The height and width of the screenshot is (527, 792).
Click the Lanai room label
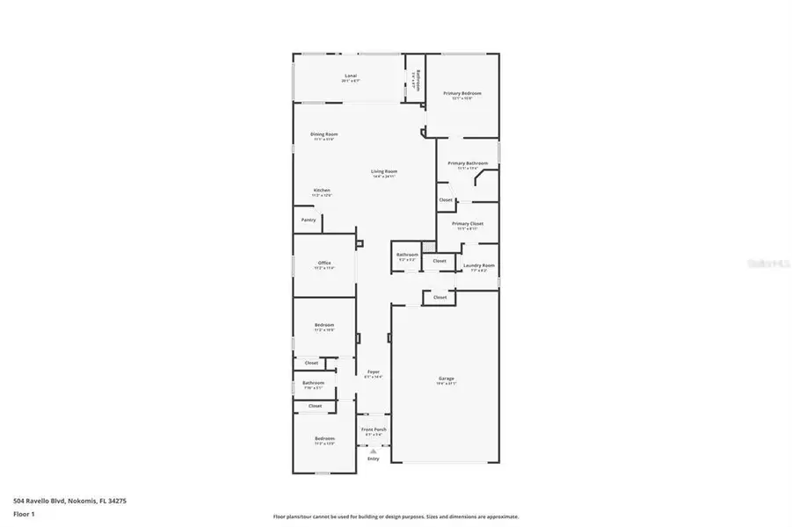click(x=351, y=76)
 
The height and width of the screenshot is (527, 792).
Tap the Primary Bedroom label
click(x=462, y=93)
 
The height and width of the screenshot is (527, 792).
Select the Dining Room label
click(x=324, y=134)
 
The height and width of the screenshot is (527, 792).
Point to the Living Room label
click(x=384, y=171)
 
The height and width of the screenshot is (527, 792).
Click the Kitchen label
click(x=323, y=191)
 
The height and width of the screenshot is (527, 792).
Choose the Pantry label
click(x=309, y=220)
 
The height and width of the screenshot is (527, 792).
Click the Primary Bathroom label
click(x=468, y=163)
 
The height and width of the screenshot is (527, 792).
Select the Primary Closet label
click(x=468, y=224)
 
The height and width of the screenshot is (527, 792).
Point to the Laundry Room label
click(x=479, y=265)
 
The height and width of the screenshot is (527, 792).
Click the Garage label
click(x=447, y=379)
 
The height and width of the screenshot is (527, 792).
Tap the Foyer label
click(x=373, y=372)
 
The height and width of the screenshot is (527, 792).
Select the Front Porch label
click(x=374, y=430)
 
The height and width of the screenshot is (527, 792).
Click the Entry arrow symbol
click(x=373, y=451)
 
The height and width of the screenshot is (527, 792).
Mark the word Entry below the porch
click(x=373, y=458)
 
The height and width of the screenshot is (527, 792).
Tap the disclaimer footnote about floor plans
click(x=396, y=516)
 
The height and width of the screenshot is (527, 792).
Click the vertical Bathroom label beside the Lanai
click(x=418, y=81)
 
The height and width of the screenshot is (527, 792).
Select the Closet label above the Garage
click(x=440, y=298)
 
